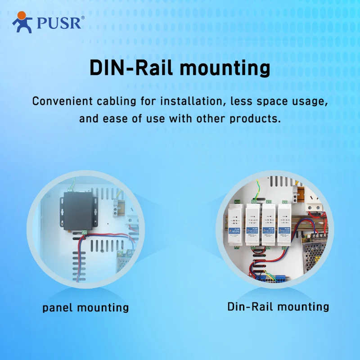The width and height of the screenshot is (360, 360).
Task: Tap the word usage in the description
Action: pyautogui.click(x=308, y=102)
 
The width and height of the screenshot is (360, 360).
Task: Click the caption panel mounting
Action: pyautogui.click(x=85, y=308)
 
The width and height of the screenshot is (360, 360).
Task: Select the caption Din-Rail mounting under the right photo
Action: pyautogui.click(x=278, y=307)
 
